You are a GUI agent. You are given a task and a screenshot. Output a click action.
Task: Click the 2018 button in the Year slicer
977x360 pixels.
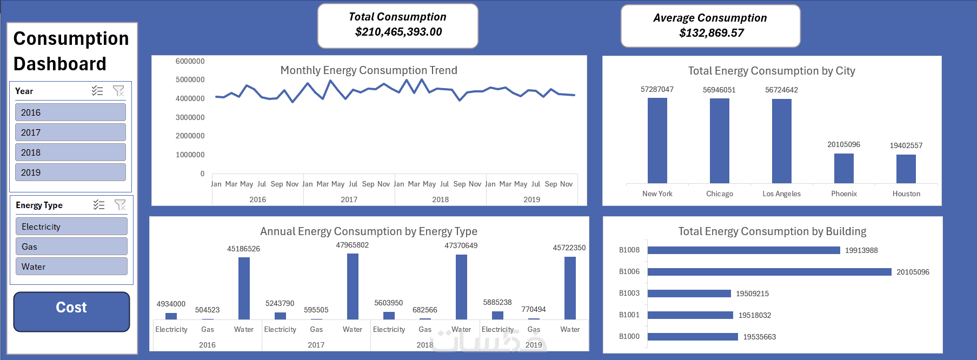click(70, 152)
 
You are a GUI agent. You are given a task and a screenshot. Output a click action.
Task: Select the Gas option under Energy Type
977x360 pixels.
click(71, 246)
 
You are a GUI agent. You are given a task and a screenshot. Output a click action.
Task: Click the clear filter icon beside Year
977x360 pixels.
click(118, 91)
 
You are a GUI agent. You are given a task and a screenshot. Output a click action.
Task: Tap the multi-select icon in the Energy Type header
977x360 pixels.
click(99, 205)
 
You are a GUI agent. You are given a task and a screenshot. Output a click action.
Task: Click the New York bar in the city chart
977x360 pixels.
click(657, 141)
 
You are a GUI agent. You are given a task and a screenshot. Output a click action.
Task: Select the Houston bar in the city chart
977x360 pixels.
click(906, 169)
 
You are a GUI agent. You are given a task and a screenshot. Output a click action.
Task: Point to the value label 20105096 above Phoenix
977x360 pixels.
click(843, 144)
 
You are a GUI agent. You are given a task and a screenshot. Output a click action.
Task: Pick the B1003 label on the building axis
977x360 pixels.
click(629, 293)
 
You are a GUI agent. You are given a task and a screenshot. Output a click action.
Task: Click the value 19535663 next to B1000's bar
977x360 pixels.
click(759, 337)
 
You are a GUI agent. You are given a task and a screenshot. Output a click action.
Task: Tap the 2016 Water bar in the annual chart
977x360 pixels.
click(244, 288)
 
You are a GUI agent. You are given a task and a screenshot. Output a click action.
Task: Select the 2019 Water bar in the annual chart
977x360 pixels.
click(570, 288)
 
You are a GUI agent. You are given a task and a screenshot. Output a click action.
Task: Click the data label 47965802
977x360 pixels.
click(352, 245)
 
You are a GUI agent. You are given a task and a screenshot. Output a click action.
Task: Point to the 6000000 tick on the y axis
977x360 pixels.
click(190, 61)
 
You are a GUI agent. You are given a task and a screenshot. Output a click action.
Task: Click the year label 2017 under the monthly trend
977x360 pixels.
click(349, 199)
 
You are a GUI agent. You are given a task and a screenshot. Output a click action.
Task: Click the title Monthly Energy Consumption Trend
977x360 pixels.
click(369, 70)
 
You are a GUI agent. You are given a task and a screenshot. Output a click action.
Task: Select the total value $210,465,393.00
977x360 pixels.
click(398, 32)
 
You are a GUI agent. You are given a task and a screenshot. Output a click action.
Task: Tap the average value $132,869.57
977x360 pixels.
click(711, 33)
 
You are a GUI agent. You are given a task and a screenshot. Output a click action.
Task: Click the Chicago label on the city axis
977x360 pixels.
click(719, 194)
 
